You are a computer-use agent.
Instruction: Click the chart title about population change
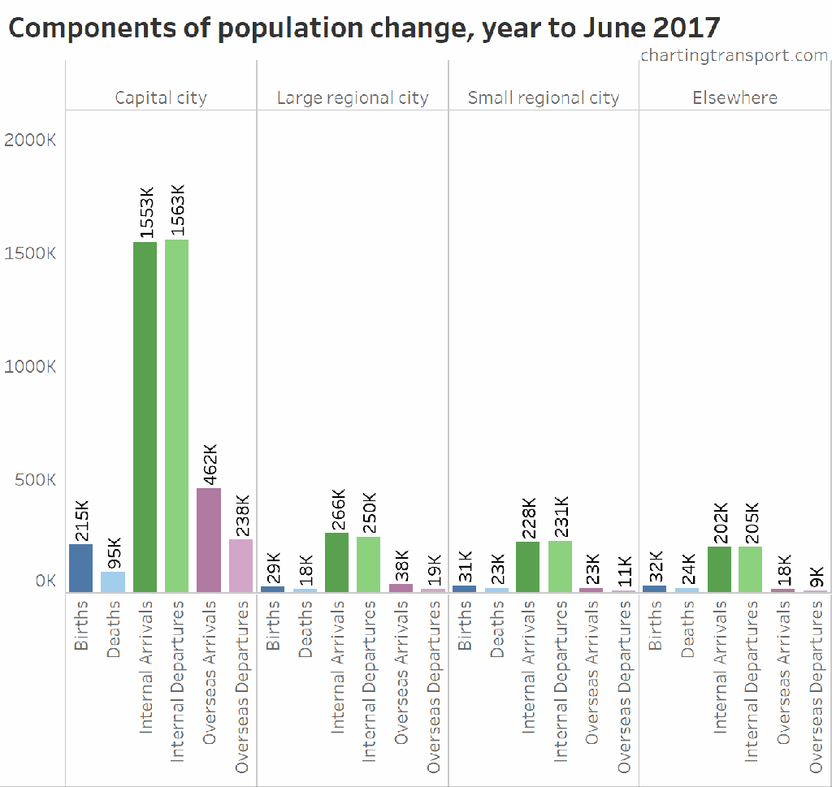pos(364,28)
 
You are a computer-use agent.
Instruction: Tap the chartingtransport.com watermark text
pos(734,55)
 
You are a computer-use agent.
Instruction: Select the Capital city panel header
pos(161,98)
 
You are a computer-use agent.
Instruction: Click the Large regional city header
pos(353,98)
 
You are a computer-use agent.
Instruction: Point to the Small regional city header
pos(544,98)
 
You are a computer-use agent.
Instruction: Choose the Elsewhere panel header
pos(734,98)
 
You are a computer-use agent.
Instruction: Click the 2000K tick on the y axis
pos(30,140)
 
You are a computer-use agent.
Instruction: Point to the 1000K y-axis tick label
pos(30,366)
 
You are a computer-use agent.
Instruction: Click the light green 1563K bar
pos(176,415)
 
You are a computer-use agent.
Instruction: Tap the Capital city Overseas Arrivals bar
pos(209,539)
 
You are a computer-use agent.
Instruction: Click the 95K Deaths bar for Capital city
pos(113,582)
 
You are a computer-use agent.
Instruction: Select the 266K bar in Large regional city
pos(336,562)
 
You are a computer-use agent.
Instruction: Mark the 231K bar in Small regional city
pos(560,566)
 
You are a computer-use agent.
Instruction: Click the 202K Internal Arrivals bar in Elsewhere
pos(719,569)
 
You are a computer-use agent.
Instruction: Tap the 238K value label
pos(242,515)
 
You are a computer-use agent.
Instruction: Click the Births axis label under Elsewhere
pos(655,625)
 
